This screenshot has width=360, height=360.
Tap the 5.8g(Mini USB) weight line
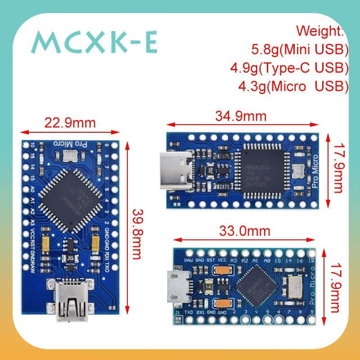(x=300, y=49)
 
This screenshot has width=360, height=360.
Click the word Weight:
(x=320, y=31)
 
